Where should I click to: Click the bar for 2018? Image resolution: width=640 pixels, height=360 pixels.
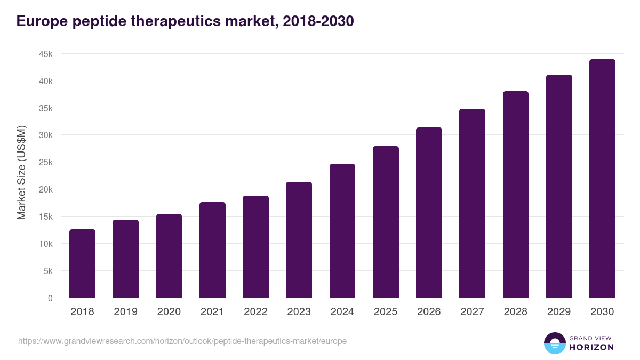click(82, 263)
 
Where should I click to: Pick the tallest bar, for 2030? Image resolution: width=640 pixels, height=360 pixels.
click(602, 179)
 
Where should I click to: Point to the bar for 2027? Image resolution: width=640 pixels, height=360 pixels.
click(472, 203)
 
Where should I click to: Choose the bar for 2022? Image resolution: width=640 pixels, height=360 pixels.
click(255, 246)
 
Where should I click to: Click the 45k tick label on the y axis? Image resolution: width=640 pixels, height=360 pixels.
click(45, 54)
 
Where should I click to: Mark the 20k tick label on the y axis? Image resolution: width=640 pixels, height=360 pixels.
click(45, 189)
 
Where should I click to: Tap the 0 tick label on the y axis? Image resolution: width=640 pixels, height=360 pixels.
click(50, 298)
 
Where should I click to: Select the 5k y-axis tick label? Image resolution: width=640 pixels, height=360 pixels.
click(47, 271)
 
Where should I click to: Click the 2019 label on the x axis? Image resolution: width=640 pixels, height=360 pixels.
click(125, 312)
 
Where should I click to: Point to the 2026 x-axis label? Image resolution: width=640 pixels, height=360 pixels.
click(429, 312)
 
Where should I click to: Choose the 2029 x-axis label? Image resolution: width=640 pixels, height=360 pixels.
click(559, 312)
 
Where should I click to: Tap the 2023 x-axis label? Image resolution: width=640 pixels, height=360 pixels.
click(299, 312)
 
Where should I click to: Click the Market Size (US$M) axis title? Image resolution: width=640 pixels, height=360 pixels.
click(21, 173)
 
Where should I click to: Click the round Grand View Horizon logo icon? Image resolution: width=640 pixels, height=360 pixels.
click(554, 343)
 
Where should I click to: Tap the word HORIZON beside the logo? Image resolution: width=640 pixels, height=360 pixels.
click(591, 347)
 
